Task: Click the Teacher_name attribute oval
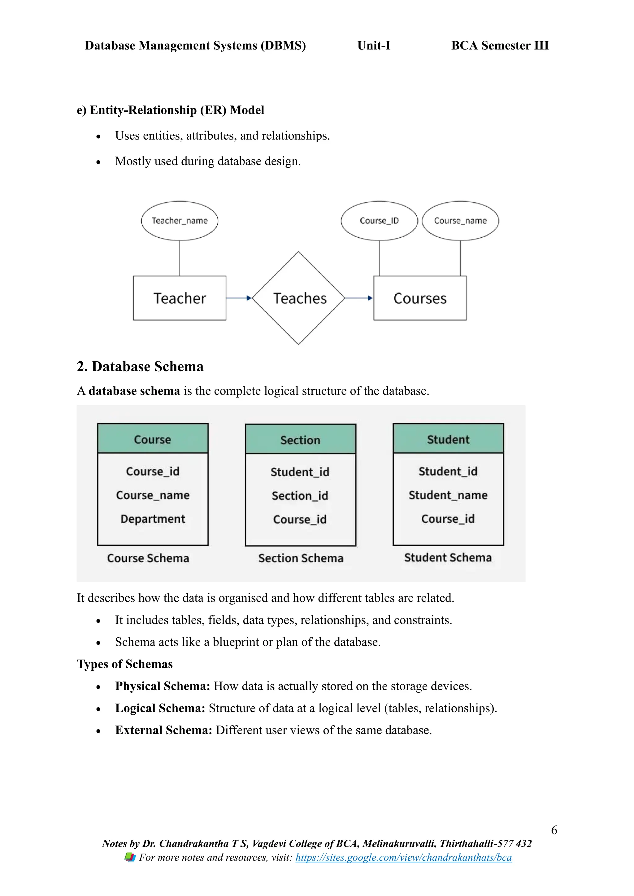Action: (180, 221)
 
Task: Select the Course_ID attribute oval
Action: (379, 221)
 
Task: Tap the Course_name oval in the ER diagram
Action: (460, 221)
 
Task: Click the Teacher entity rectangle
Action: (180, 298)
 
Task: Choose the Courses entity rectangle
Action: (420, 298)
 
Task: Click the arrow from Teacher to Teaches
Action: (239, 298)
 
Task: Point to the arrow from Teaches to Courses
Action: (359, 298)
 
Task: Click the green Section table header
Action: (300, 439)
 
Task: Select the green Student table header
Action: (448, 439)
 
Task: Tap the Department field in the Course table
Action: (153, 519)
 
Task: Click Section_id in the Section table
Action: (300, 496)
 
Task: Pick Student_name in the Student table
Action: (448, 495)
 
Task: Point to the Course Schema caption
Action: (148, 558)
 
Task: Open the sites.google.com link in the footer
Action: (403, 857)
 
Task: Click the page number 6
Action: (554, 830)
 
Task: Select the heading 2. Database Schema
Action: (140, 367)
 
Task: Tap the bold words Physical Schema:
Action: (163, 686)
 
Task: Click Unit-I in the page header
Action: (374, 46)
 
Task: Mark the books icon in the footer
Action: (130, 857)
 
